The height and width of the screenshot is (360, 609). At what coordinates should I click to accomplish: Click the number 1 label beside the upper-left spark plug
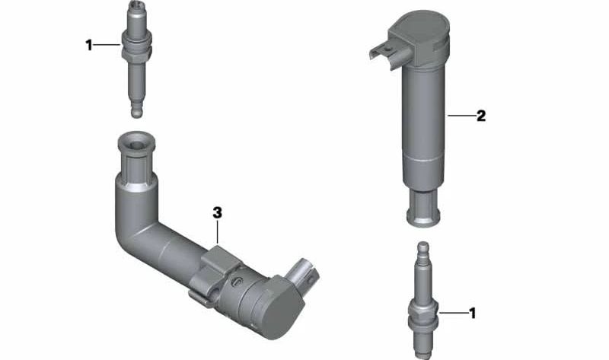pos(88,46)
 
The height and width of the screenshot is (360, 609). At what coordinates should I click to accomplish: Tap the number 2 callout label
pos(480,116)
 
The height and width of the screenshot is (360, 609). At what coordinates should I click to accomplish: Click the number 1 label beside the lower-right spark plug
pos(472,313)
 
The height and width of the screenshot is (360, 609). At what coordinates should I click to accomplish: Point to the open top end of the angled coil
pos(136,143)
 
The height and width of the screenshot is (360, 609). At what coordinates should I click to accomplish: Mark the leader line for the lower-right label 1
pos(452,313)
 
